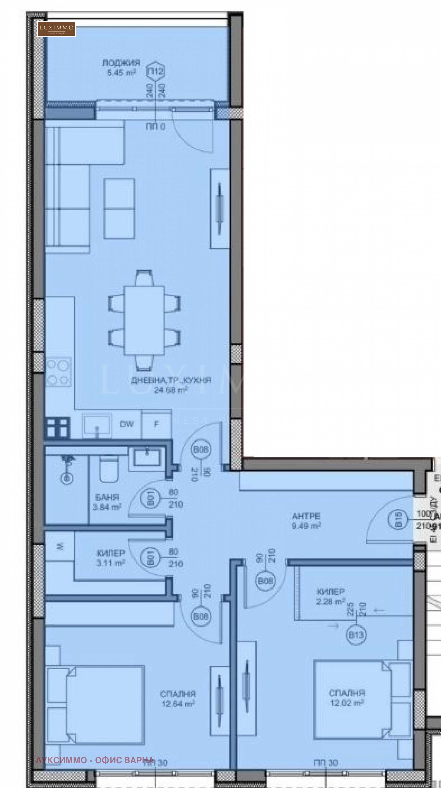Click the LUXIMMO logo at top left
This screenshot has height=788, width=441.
point(57,29)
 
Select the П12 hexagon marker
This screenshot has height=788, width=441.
point(156,72)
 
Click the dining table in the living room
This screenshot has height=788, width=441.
point(144,320)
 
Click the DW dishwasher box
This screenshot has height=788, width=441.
point(127,424)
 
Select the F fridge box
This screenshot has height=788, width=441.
point(156,424)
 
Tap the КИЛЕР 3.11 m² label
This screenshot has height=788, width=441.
point(111,558)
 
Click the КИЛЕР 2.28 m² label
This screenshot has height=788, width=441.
point(330,597)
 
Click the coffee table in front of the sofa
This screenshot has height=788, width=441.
point(119,208)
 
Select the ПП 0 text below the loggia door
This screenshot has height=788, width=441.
point(155,127)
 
